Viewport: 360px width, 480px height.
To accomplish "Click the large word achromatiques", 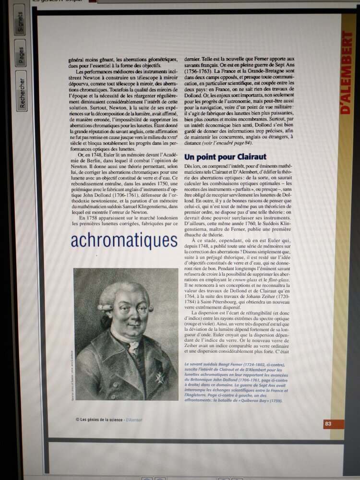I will click(124, 240).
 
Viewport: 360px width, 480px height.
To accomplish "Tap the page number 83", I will click(328, 423).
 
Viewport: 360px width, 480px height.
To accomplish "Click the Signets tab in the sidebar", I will click(20, 22).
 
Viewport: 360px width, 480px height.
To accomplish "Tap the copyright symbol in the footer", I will click(77, 419).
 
